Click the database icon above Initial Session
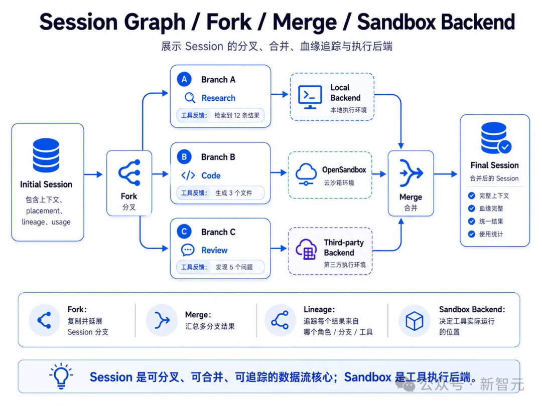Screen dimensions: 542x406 [46, 155]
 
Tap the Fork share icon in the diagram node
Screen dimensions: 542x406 [129, 172]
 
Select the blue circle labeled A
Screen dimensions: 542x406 [184, 79]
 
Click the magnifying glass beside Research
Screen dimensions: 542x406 [189, 98]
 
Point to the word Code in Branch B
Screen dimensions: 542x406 [211, 176]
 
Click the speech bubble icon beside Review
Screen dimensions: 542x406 [188, 250]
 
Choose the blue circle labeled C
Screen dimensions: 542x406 [184, 232]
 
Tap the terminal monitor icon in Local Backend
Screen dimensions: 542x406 [310, 97]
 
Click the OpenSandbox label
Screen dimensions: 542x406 [344, 170]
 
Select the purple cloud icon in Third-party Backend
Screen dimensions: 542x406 [306, 249]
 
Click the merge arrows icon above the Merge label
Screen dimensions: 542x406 [411, 172]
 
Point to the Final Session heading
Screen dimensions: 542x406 [495, 165]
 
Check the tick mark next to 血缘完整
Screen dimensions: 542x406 [471, 209]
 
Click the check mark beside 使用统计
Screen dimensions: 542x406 [471, 234]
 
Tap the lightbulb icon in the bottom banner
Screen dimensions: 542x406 [61, 376]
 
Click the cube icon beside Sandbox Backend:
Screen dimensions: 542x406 [414, 321]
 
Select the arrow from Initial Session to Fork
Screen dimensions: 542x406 [93, 174]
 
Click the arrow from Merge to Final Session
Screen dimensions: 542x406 [446, 174]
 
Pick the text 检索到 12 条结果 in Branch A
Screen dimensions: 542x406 [237, 115]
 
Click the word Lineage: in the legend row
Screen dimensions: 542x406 [319, 310]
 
